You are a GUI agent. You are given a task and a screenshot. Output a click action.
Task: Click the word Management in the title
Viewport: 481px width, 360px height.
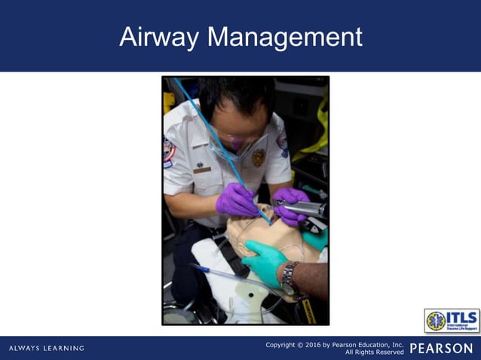pyautogui.click(x=284, y=36)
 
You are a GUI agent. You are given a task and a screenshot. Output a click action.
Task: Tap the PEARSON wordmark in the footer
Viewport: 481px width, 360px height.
pyautogui.click(x=441, y=348)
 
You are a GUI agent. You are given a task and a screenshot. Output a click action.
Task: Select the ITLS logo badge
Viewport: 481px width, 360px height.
pyautogui.click(x=452, y=321)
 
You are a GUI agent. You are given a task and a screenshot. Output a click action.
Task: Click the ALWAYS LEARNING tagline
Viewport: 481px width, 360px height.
pyautogui.click(x=47, y=348)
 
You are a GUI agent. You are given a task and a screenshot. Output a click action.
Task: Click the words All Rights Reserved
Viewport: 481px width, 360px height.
pyautogui.click(x=374, y=352)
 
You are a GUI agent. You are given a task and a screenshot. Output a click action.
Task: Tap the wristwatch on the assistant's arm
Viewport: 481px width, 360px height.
pyautogui.click(x=290, y=277)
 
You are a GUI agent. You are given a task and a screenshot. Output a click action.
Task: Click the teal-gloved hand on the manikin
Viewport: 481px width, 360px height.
pyautogui.click(x=263, y=261)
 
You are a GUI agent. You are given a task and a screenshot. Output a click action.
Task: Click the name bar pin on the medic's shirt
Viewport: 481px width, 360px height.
pyautogui.click(x=201, y=170)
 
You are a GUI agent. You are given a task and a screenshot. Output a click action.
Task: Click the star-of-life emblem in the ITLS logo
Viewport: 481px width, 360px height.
pyautogui.click(x=436, y=321)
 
